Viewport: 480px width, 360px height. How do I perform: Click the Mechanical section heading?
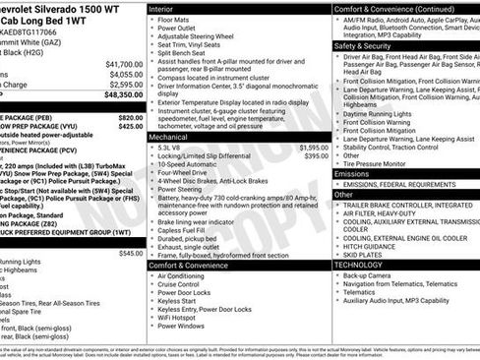(x=169, y=137)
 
